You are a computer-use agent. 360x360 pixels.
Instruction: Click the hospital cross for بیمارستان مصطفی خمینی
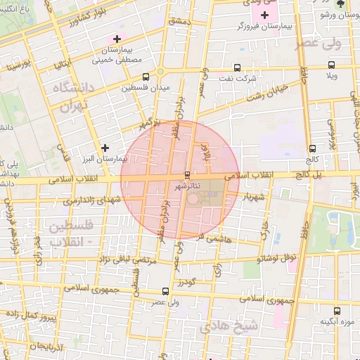[117, 38]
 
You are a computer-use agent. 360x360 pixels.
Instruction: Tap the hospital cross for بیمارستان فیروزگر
[264, 15]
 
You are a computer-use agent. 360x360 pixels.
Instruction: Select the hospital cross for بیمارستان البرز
[105, 148]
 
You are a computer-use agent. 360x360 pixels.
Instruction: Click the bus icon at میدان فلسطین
[146, 77]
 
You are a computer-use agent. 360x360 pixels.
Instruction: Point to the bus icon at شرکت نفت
[236, 68]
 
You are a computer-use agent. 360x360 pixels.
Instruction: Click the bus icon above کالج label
[311, 148]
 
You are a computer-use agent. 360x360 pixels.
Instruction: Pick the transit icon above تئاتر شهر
[187, 174]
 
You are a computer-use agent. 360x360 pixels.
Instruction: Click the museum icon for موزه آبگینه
[337, 310]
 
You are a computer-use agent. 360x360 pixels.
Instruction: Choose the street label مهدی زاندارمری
[92, 200]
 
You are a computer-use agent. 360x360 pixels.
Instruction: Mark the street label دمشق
[179, 23]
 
